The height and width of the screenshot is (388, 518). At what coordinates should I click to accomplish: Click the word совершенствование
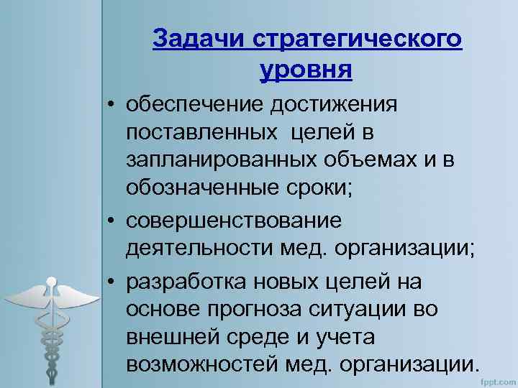234,218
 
